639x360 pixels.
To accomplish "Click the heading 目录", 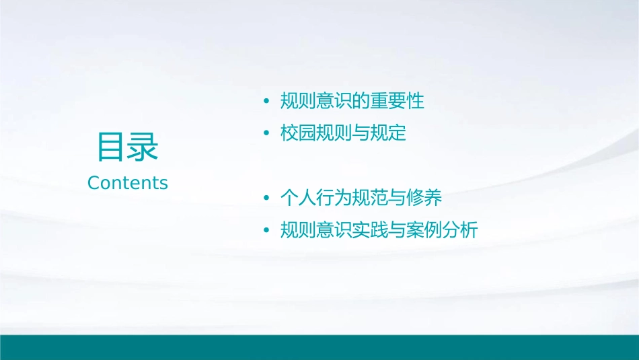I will (127, 147).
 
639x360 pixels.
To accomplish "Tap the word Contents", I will (128, 183).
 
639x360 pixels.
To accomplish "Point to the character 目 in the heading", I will (112, 147).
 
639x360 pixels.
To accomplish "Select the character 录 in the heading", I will (143, 147).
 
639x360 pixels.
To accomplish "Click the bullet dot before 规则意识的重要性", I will (266, 102).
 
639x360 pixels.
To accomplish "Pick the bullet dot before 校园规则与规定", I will (266, 133).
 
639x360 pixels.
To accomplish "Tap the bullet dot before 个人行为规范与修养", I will (266, 199).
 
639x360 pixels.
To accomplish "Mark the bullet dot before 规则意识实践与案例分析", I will (266, 231).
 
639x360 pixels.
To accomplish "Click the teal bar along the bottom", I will (319, 347).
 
